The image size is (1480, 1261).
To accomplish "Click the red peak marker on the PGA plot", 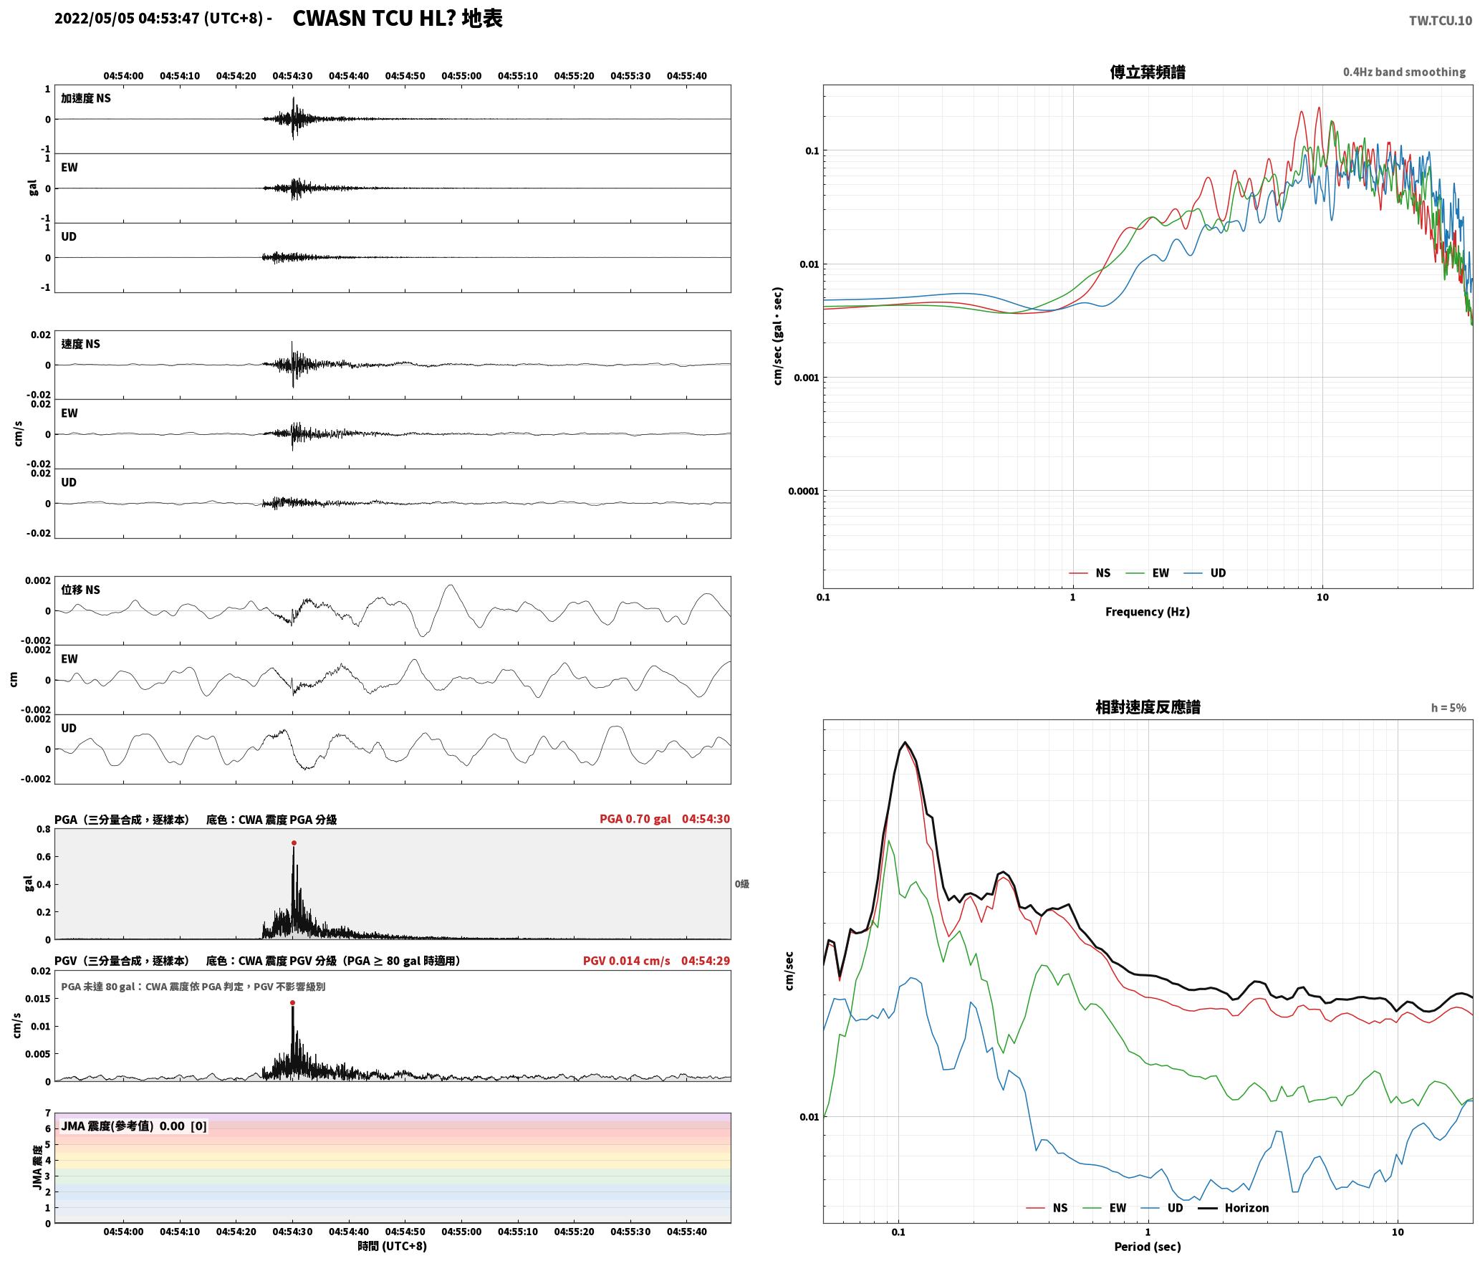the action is pos(294,843).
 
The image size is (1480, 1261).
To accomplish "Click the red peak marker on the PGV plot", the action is pos(292,1003).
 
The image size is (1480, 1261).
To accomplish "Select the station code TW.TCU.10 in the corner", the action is pos(1441,21).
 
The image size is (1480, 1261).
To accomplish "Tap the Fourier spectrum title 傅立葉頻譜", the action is pos(1147,72).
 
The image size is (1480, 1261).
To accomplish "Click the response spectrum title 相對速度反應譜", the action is pos(1148,707).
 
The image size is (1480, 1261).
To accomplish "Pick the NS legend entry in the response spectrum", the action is pos(1047,1207).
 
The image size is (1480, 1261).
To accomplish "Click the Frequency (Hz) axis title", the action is pos(1147,611).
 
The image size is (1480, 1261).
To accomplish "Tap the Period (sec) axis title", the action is pos(1147,1246).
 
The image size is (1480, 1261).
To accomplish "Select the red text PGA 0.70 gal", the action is pos(635,818).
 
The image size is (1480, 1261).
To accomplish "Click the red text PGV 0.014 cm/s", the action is pos(627,960).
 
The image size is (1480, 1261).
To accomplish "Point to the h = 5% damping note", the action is pos(1448,708).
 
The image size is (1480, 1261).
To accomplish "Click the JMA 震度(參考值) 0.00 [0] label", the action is pos(134,1126).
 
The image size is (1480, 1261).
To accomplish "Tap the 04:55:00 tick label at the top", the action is pos(461,76).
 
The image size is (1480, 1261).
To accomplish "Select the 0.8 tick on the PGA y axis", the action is pos(44,830).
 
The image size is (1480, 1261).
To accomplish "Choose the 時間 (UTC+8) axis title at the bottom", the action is pos(393,1245).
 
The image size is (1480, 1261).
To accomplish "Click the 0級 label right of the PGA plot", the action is pos(741,884).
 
